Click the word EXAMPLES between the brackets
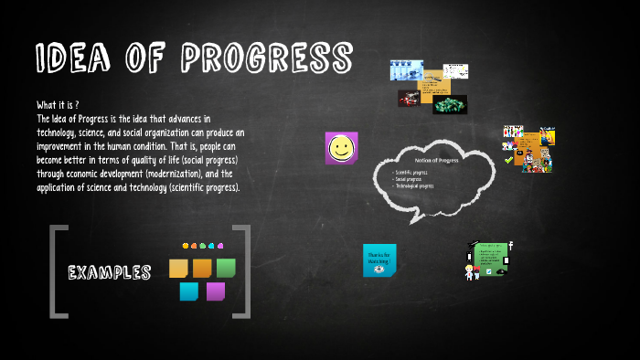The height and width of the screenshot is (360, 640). coord(110,272)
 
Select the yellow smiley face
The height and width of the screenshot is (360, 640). coord(341,148)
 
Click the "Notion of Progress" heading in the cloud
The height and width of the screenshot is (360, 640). coord(436,161)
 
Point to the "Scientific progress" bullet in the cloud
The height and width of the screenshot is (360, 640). coord(411,172)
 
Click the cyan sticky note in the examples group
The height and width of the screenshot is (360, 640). coord(189,291)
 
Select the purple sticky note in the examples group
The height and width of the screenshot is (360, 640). coord(216,291)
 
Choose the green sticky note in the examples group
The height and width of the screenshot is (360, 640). coord(226,268)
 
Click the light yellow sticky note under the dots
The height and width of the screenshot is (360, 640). coord(178,268)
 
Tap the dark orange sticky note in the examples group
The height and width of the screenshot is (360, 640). coord(202,268)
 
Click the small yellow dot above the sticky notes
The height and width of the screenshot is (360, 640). coord(186,246)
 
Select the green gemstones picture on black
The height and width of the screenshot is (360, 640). coord(449,104)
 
